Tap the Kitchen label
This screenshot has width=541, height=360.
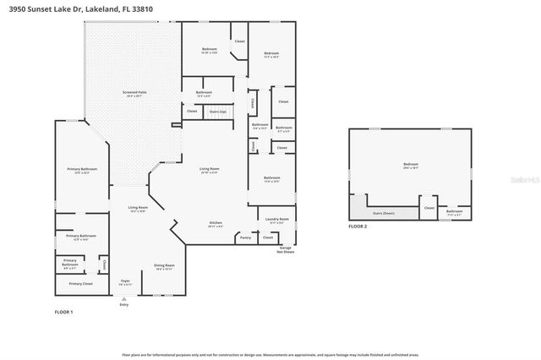click(x=216, y=224)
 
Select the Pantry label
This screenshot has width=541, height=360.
click(x=246, y=237)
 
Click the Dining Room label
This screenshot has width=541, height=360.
click(x=164, y=267)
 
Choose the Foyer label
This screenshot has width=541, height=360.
click(x=124, y=280)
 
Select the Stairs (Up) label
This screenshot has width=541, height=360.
click(x=217, y=111)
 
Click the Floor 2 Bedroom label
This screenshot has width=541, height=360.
click(x=411, y=165)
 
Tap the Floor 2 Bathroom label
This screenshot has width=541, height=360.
click(x=454, y=210)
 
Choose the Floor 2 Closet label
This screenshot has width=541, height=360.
click(x=429, y=207)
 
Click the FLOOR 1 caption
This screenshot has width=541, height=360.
click(x=64, y=313)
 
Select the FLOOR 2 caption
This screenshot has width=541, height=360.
click(x=359, y=226)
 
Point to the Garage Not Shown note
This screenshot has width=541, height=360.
click(x=286, y=249)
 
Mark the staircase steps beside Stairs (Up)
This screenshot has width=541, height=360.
click(x=220, y=118)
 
